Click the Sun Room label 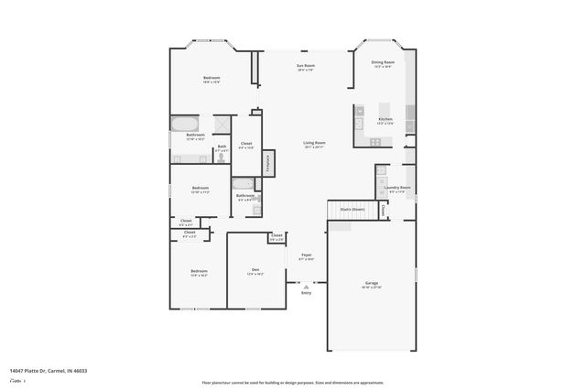[305, 66]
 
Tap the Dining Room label [382, 62]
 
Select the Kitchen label [385, 119]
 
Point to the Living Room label [315, 143]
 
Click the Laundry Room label [397, 188]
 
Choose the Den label [255, 269]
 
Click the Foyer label [307, 255]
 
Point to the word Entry [307, 292]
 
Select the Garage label [372, 283]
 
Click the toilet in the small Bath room [221, 157]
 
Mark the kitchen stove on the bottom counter [375, 141]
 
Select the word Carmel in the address [57, 370]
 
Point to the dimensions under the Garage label [372, 288]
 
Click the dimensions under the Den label [255, 274]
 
